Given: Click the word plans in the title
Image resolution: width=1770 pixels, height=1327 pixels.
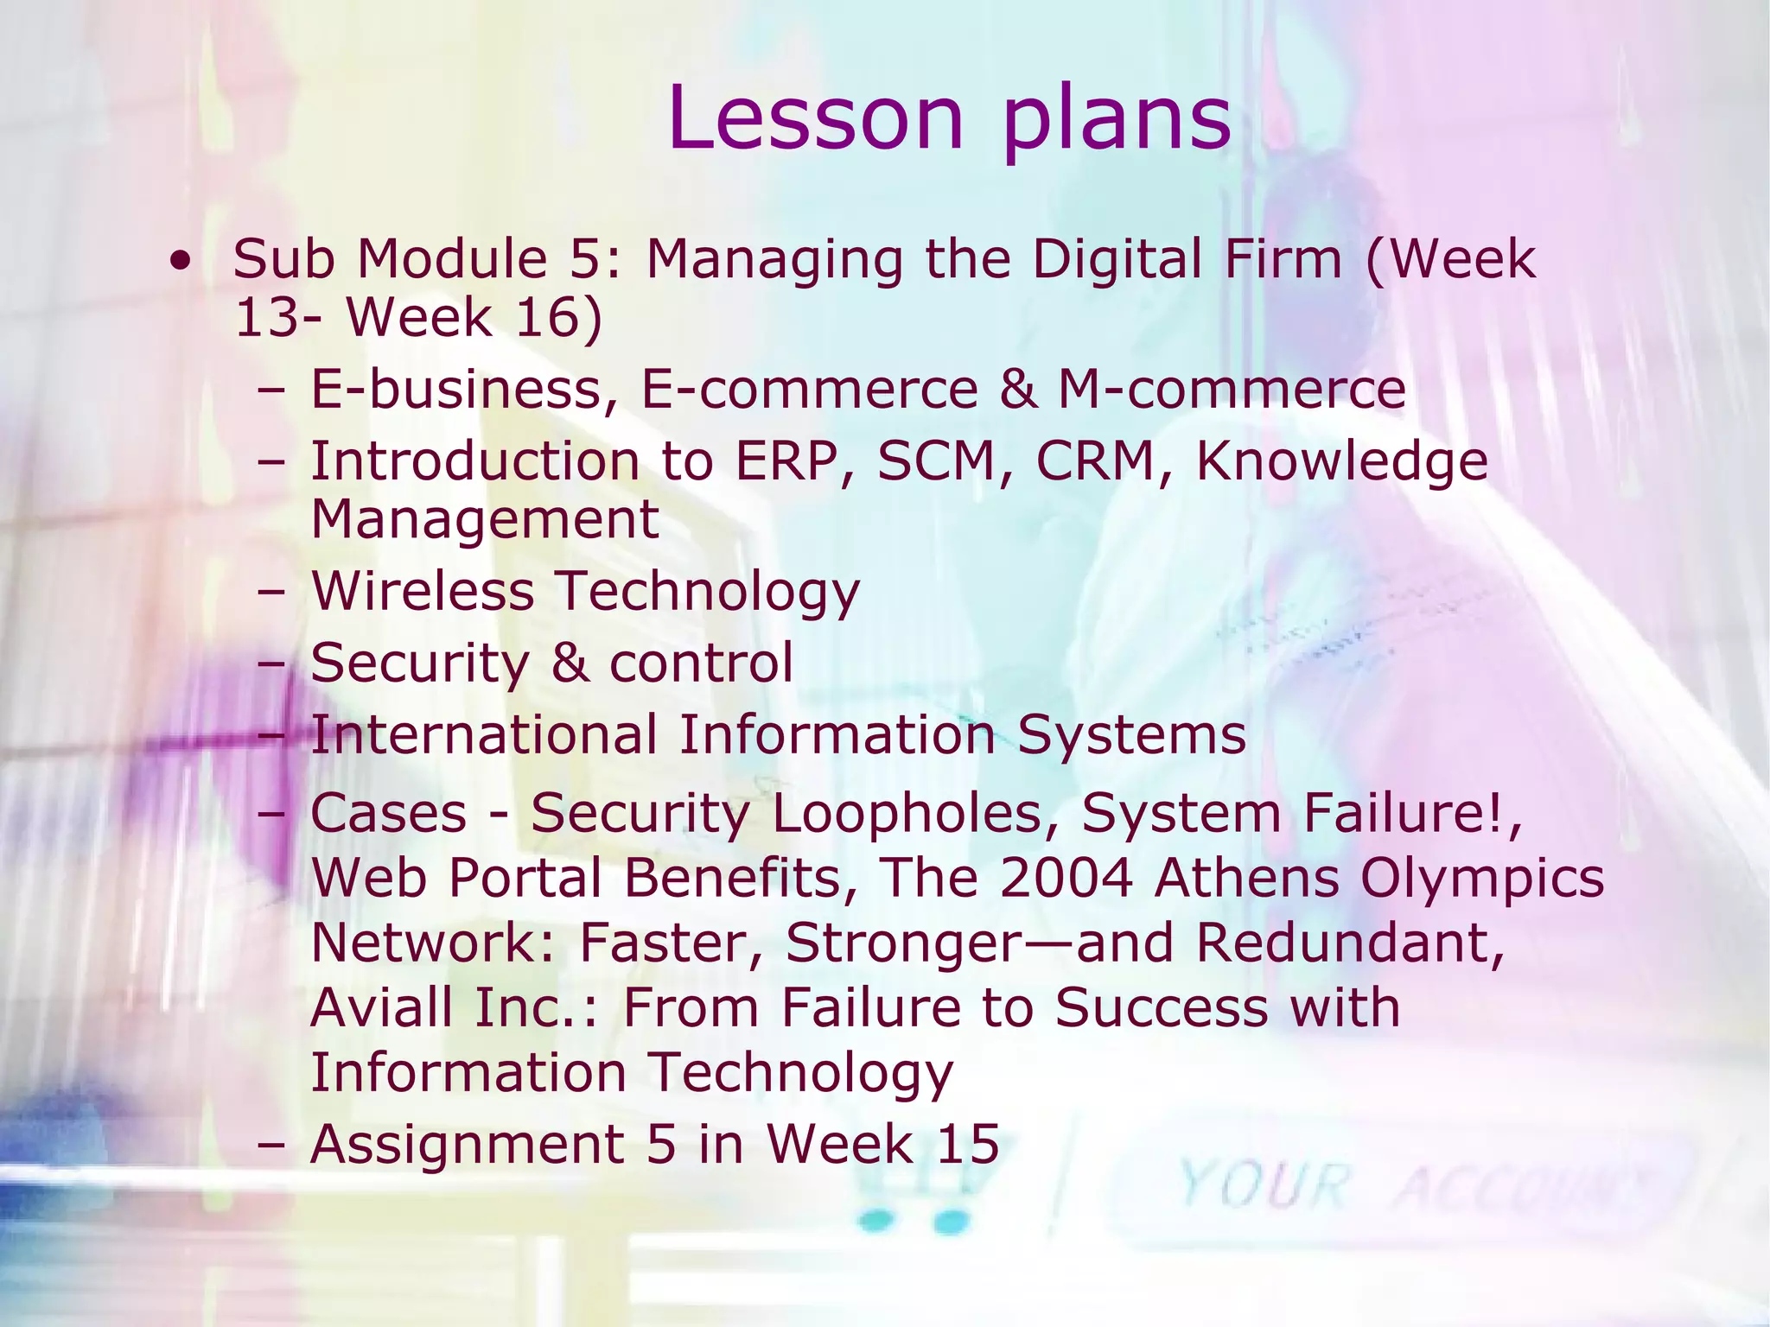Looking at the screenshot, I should point(1117,121).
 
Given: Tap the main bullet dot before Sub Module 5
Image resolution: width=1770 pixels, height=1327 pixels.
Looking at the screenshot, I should point(180,260).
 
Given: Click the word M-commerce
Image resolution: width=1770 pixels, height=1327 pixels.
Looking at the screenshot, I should point(1232,390).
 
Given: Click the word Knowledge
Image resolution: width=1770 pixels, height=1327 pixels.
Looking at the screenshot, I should point(1341,462).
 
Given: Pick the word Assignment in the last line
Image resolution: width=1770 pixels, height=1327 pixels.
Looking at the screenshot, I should point(467,1145).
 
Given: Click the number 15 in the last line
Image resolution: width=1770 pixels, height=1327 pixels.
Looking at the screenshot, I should point(967,1145).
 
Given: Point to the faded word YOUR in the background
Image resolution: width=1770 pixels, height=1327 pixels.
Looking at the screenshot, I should point(1264,1184).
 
